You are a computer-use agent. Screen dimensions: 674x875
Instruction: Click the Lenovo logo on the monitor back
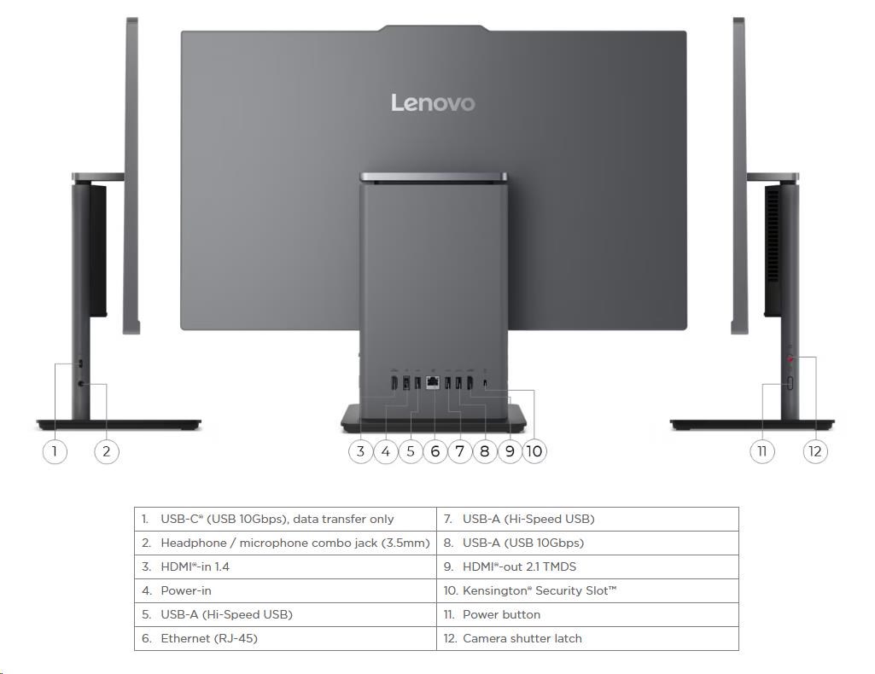point(433,103)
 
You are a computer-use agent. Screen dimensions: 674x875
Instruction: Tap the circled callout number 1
point(55,450)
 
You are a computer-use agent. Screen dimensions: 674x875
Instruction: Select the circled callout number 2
point(107,450)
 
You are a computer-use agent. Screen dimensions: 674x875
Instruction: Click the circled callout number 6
point(435,450)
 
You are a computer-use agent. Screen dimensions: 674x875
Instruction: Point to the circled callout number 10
point(534,450)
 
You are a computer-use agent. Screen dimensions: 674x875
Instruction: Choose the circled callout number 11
point(762,450)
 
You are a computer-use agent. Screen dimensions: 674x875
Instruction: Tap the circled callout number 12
point(815,450)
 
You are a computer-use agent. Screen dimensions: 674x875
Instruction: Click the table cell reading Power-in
point(285,590)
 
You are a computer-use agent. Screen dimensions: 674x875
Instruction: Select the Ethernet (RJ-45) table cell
point(285,638)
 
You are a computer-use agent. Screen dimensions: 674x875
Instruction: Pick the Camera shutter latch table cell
point(587,638)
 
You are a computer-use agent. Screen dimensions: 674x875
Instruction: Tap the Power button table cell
point(587,614)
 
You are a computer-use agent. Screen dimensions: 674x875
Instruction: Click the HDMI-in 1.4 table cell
point(285,567)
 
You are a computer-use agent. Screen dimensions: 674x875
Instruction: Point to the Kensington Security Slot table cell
point(587,590)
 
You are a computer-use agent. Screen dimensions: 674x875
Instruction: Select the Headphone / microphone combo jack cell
point(285,543)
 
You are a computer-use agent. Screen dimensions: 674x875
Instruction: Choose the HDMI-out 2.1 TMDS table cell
point(587,567)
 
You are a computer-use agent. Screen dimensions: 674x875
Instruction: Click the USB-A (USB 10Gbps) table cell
point(587,543)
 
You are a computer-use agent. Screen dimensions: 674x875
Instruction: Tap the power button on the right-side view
point(790,383)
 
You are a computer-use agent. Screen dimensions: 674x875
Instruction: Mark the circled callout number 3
point(361,450)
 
